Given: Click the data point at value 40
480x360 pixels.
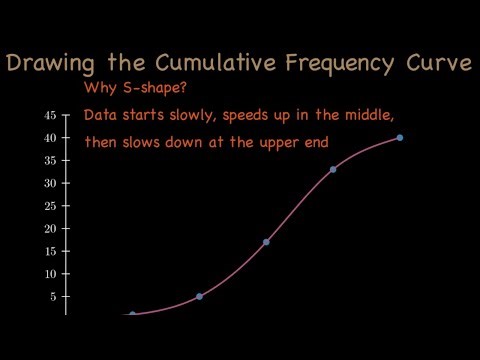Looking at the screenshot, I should pos(400,137).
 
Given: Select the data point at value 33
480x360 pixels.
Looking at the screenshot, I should pos(333,169).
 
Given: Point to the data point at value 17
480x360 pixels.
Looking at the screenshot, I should pos(266,242).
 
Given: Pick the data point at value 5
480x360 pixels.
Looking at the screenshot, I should pos(199,296).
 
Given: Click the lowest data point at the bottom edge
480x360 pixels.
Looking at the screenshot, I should pos(132,315).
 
